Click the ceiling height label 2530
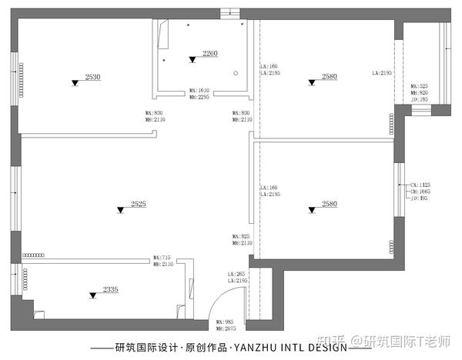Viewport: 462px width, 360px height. click(93, 77)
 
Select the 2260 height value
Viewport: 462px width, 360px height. click(210, 53)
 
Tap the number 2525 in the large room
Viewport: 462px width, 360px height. click(139, 204)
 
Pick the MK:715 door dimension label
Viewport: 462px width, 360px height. click(161, 257)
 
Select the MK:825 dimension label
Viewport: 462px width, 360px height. click(242, 236)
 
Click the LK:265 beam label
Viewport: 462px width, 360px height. click(235, 275)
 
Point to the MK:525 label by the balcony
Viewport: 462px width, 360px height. click(419, 86)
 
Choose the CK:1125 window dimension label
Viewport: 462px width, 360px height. click(420, 185)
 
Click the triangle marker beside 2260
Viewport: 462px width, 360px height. click(192, 59)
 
